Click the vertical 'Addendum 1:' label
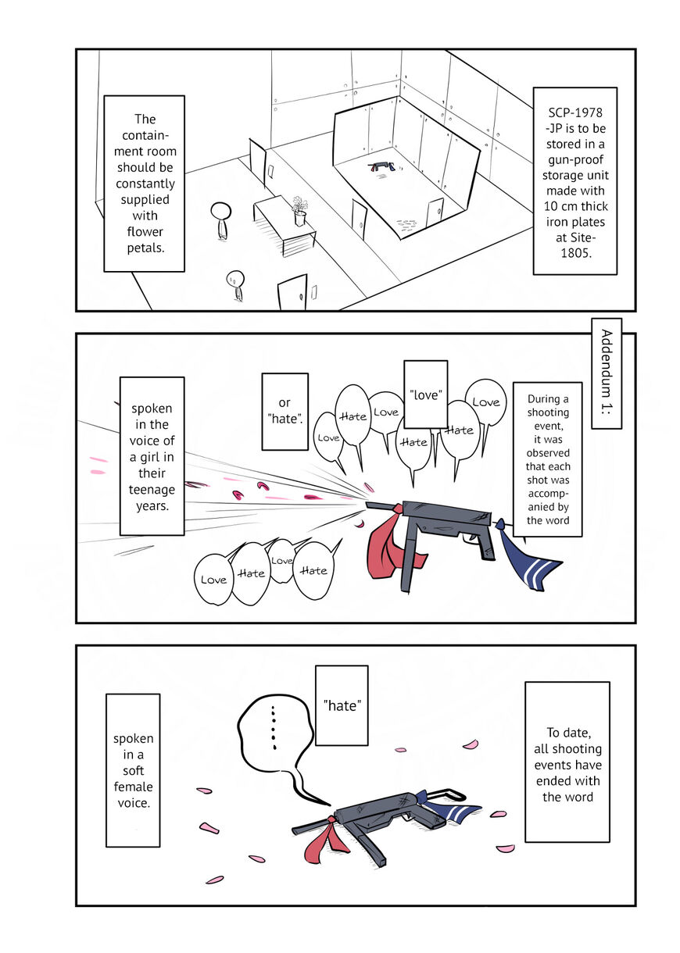coord(607,373)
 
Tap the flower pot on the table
coord(300,218)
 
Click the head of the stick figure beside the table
coord(220,211)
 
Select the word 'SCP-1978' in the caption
coord(575,112)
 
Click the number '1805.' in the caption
coord(576,253)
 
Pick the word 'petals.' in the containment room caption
coord(145,248)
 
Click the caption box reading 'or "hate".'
coord(285,412)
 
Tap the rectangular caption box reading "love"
coord(425,394)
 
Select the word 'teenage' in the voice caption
coord(152,490)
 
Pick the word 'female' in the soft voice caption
coord(133,787)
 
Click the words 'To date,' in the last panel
coord(568,733)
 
